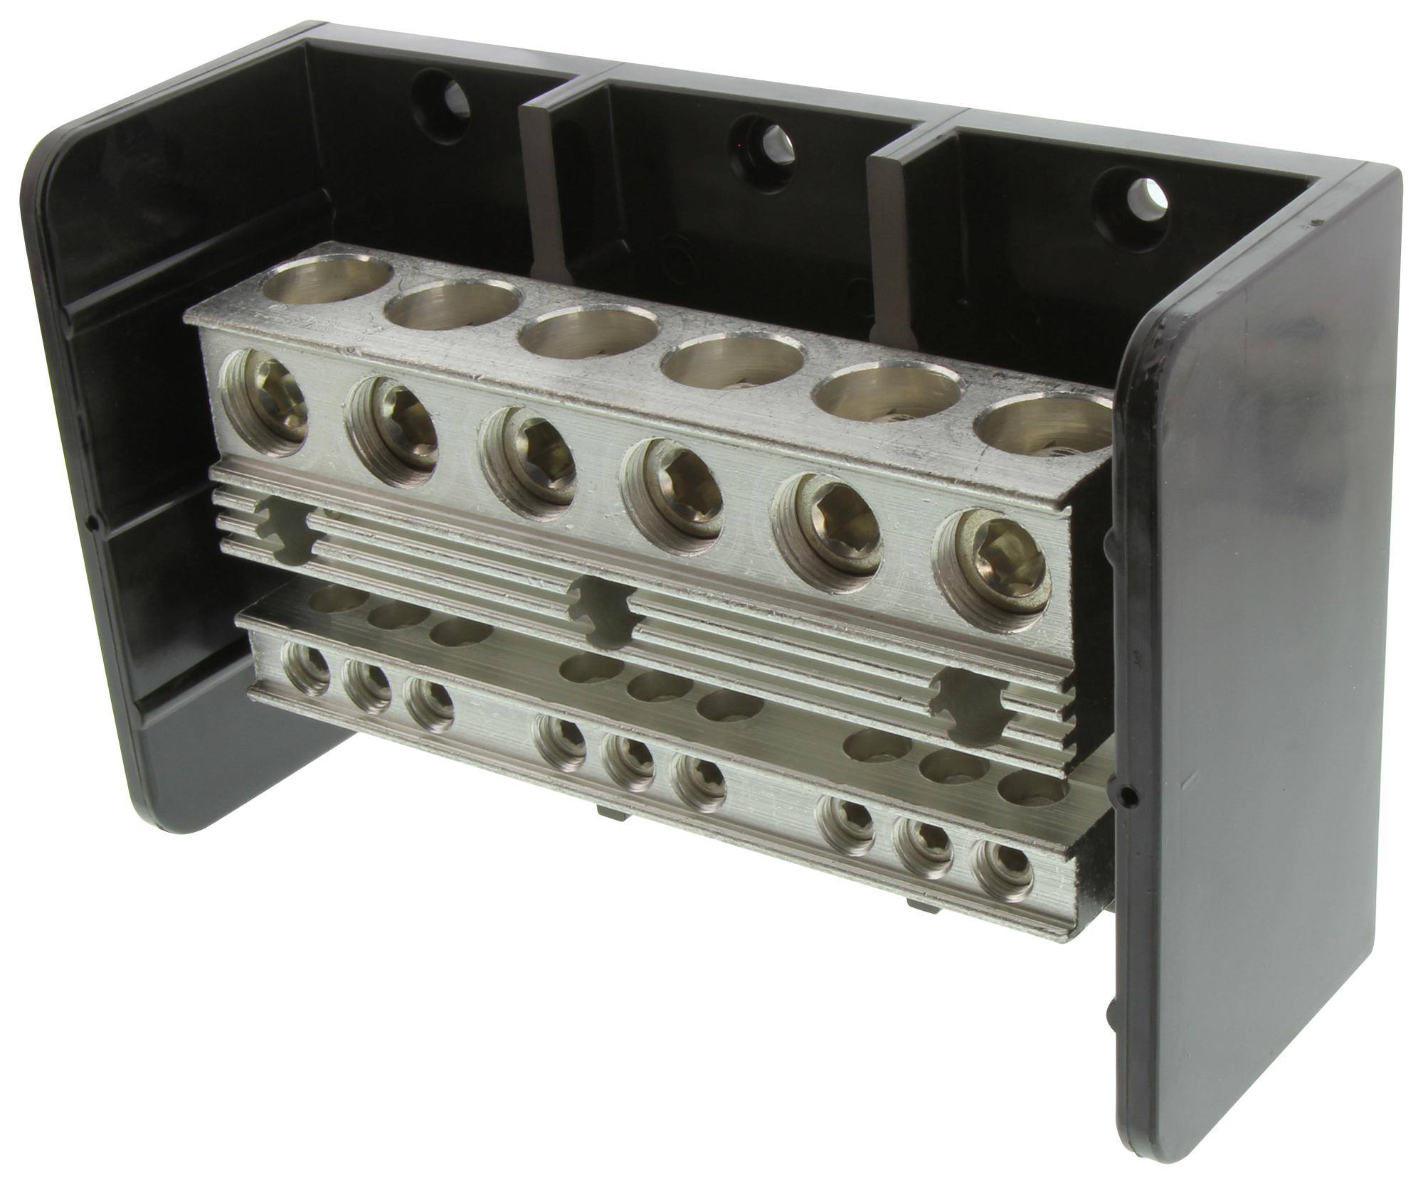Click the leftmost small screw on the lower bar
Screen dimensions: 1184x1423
(x=305, y=668)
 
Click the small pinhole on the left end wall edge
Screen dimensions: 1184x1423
(x=95, y=524)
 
